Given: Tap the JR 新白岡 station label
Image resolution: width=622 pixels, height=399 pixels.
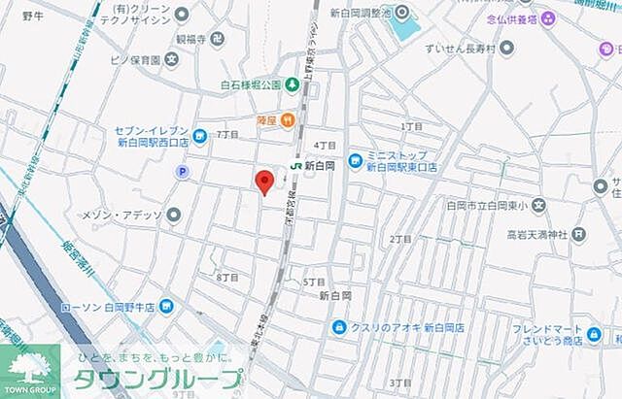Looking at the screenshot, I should pos(312,166).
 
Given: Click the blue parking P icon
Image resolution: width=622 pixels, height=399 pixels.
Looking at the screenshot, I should pos(181,172).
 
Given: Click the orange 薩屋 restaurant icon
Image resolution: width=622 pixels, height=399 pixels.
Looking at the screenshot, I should pos(288,120).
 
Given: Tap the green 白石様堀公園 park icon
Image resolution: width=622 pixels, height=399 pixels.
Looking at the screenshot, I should pos(290,84).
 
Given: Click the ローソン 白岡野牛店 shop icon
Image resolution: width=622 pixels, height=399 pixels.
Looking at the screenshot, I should pos(167,308).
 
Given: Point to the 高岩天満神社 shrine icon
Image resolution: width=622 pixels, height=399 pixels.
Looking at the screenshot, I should pos(578,234).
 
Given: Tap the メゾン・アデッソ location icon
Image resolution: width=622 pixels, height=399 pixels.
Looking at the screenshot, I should pos(174,214).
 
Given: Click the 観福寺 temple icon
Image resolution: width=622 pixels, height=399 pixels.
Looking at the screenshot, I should pos(217,39).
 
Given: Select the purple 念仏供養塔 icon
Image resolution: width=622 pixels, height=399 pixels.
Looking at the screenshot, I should pos(549,17).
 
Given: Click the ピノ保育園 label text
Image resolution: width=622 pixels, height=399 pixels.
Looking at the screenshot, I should pos(134,59).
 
